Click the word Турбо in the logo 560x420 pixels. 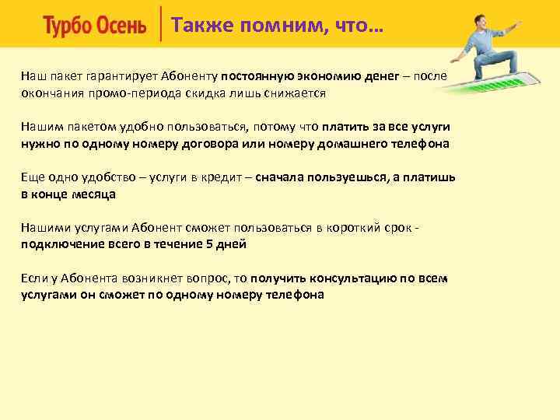pyautogui.click(x=68, y=26)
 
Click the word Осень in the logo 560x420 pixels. pyautogui.click(x=121, y=26)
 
